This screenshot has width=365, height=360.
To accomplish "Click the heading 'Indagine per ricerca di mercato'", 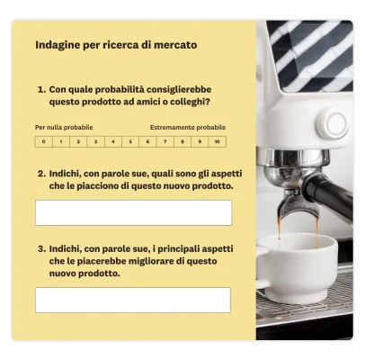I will click(x=116, y=44).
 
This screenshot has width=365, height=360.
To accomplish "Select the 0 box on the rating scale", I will click(x=43, y=141).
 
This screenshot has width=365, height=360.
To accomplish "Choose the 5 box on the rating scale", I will click(x=130, y=141).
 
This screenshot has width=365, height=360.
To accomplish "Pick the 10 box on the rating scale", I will click(x=217, y=141).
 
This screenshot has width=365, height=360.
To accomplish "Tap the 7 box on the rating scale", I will click(x=165, y=141).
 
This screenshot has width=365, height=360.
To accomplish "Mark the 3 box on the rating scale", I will click(x=95, y=141).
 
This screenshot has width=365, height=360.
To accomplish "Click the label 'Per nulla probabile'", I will click(x=64, y=128).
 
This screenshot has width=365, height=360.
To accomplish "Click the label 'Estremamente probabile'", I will click(x=188, y=128).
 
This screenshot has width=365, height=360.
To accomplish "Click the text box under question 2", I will click(x=133, y=212).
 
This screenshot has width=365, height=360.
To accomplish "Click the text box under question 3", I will click(x=133, y=300).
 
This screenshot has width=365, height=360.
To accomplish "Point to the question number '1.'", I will click(x=41, y=90).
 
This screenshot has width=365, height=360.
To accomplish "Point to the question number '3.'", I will click(x=41, y=247).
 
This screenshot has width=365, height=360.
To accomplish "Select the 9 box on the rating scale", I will click(x=200, y=141).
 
